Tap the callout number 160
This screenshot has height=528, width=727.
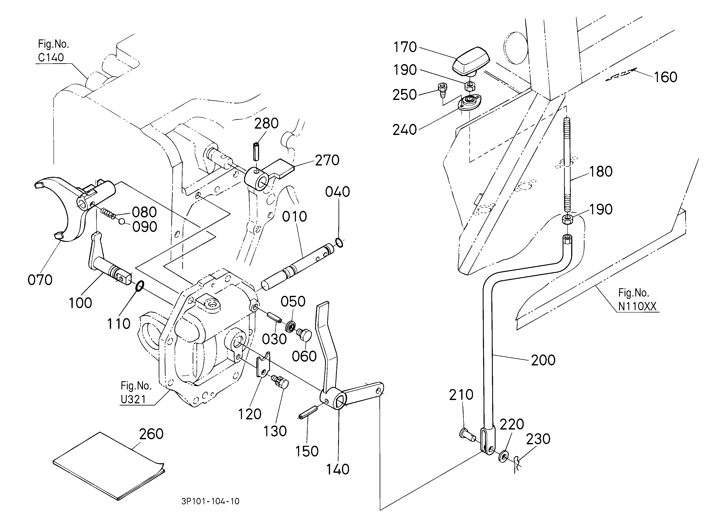click(665, 77)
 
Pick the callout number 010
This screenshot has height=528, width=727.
click(294, 217)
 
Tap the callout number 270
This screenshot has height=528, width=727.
click(327, 160)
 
